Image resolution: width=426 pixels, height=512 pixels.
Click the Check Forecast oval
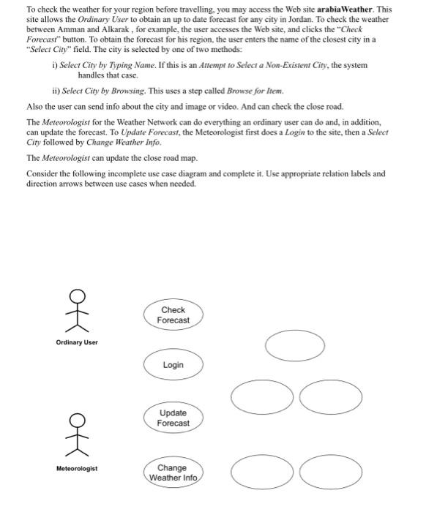click(173, 315)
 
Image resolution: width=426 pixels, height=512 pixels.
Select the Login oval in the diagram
click(173, 365)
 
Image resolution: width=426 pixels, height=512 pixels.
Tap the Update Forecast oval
click(173, 418)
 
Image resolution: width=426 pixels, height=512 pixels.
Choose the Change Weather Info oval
click(173, 473)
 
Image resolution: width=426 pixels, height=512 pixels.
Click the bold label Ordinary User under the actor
click(76, 342)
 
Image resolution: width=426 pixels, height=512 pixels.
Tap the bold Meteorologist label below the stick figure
click(75, 469)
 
